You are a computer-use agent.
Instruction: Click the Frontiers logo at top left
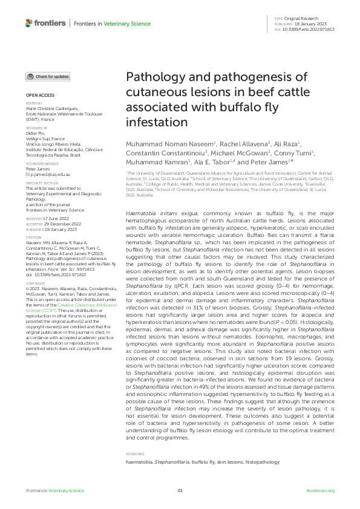45,23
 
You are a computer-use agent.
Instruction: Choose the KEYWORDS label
134,453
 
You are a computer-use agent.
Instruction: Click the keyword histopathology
262,462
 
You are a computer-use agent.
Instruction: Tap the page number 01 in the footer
180,491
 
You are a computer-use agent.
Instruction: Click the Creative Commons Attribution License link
59,309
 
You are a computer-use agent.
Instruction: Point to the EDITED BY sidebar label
34,103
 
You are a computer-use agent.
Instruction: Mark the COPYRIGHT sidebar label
35,283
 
